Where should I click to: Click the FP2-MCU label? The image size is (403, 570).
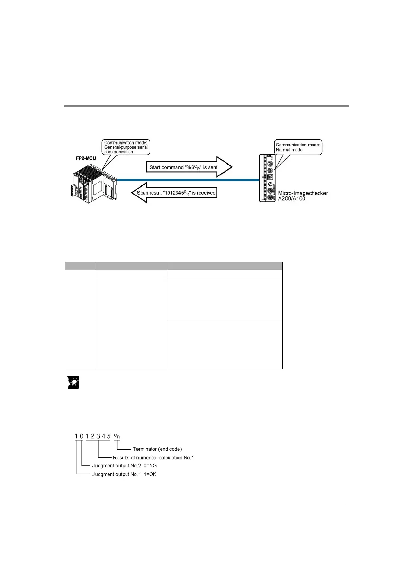86,158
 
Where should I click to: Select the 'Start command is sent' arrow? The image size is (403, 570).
188,167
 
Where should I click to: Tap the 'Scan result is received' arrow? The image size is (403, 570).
174,193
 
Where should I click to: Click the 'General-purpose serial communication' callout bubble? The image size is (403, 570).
126,147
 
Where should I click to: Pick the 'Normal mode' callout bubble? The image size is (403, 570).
298,147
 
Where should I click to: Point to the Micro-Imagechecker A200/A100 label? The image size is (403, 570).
303,196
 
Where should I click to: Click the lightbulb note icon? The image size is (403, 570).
73,382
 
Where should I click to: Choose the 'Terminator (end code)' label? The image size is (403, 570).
157,449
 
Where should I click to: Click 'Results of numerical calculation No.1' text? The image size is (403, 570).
153,458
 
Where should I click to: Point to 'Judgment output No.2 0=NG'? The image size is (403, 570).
124,466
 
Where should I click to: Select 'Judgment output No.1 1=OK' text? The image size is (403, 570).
124,474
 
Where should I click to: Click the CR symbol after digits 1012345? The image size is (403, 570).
117,436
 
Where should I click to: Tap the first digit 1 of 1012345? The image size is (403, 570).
76,436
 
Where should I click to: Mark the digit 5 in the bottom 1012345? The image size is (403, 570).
109,436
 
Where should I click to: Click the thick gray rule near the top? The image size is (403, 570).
206,106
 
